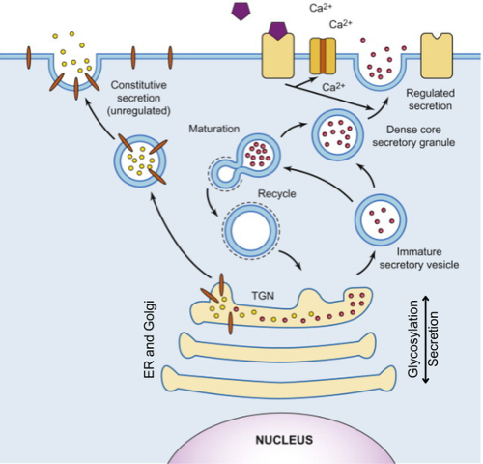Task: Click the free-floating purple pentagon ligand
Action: pos(238,12)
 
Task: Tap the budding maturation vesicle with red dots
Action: pos(254,155)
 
